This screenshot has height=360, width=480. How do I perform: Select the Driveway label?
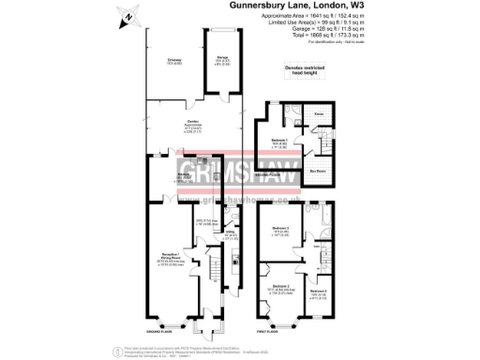pyautogui.click(x=175, y=63)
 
